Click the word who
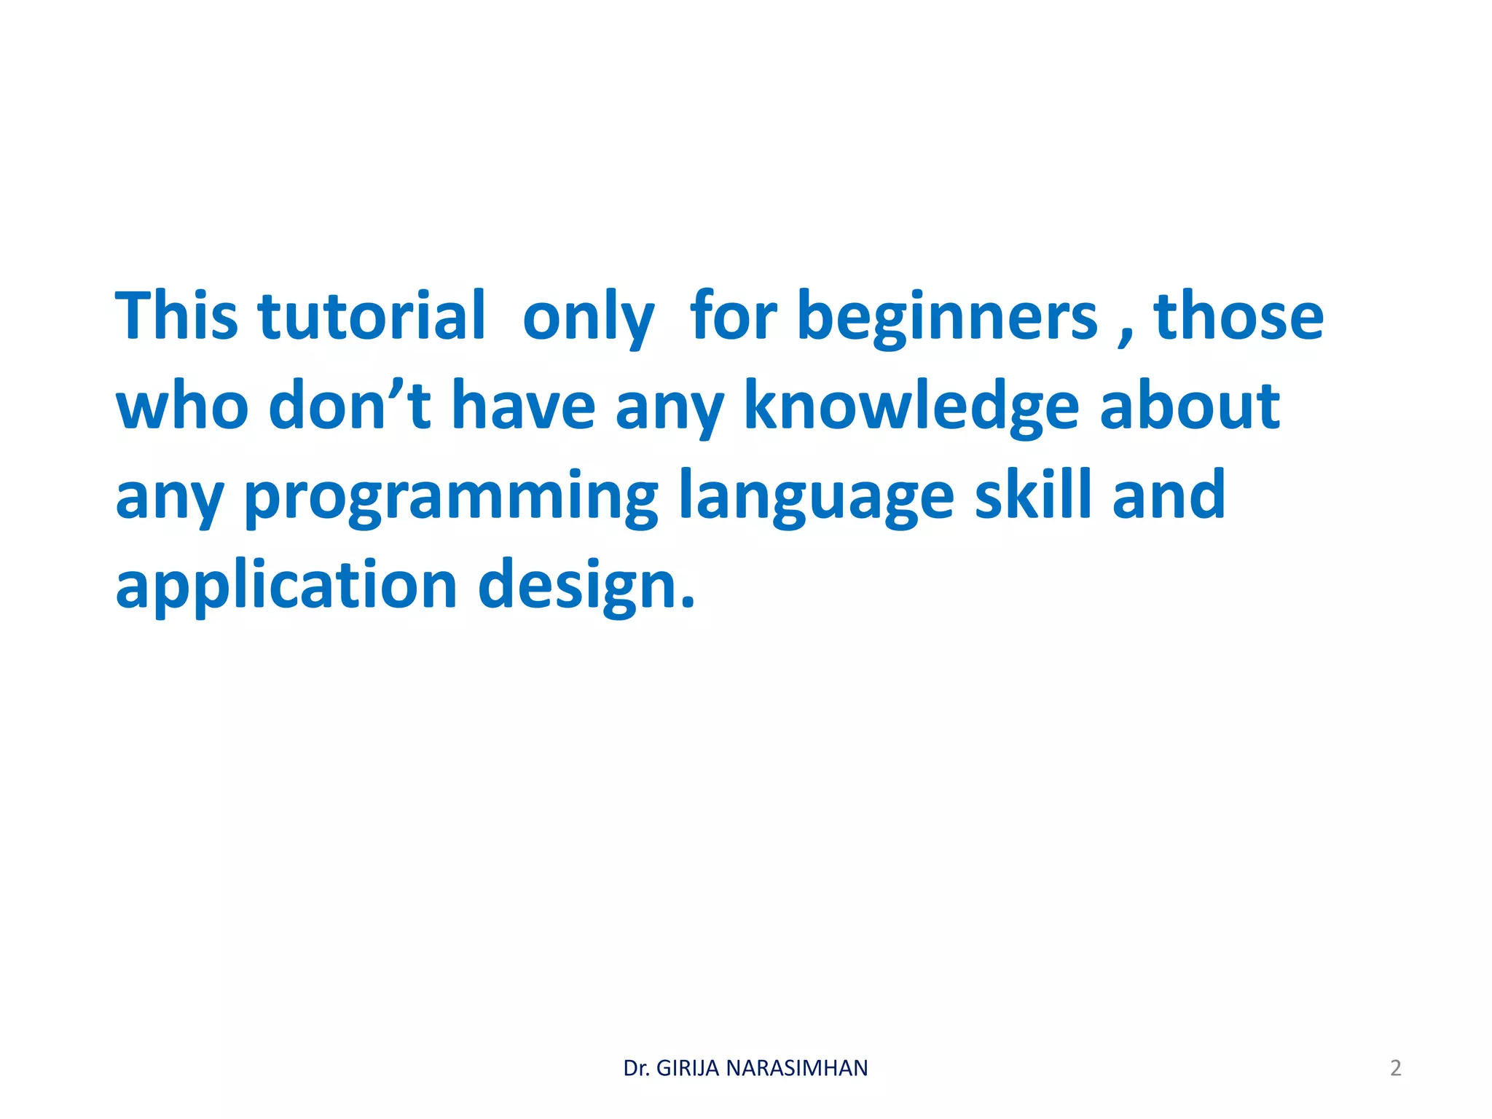point(182,407)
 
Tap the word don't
point(350,405)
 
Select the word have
point(523,405)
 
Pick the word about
point(1190,405)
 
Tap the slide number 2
point(1395,1068)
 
